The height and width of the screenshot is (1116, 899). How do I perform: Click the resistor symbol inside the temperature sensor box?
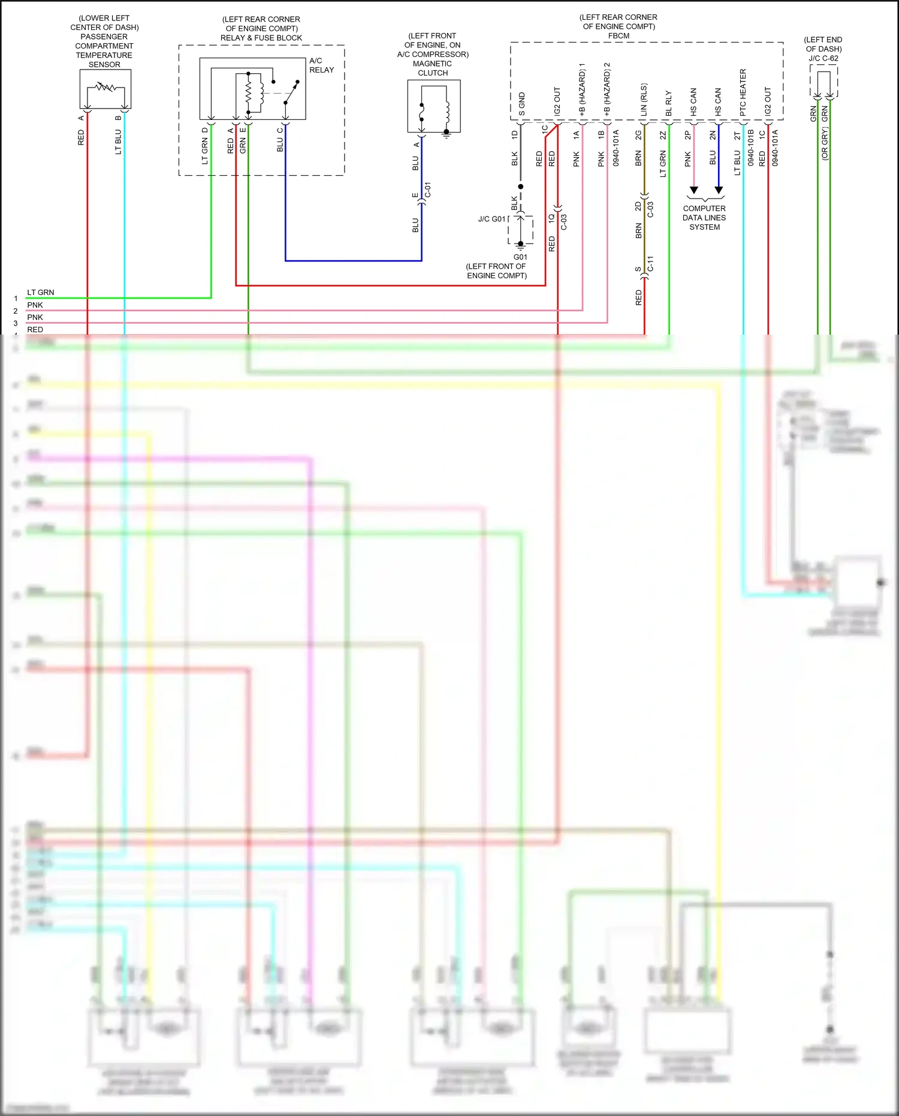pyautogui.click(x=105, y=88)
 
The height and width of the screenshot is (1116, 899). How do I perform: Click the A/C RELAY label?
pyautogui.click(x=321, y=65)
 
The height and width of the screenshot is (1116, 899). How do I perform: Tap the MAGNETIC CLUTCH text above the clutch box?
pyautogui.click(x=432, y=68)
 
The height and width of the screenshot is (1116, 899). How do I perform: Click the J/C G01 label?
pyautogui.click(x=491, y=219)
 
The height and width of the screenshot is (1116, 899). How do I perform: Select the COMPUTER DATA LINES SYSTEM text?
pyautogui.click(x=704, y=218)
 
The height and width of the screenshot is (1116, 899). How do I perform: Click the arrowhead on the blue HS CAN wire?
pyautogui.click(x=719, y=190)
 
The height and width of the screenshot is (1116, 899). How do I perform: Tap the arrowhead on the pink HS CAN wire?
pyautogui.click(x=694, y=190)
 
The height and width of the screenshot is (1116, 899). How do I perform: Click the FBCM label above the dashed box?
pyautogui.click(x=619, y=36)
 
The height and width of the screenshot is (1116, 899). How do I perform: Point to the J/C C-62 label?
pyautogui.click(x=823, y=58)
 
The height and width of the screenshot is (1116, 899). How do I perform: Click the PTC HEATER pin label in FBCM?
pyautogui.click(x=743, y=92)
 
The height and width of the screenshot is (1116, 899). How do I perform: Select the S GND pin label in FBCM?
pyautogui.click(x=521, y=104)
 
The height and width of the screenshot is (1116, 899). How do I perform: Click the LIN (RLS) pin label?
pyautogui.click(x=644, y=100)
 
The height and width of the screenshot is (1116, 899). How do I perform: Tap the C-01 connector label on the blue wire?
pyautogui.click(x=428, y=190)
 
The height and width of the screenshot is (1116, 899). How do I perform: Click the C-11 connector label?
pyautogui.click(x=650, y=264)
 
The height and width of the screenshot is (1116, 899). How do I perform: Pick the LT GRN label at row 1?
pyautogui.click(x=40, y=293)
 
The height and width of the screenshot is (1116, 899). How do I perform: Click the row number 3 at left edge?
pyautogui.click(x=16, y=323)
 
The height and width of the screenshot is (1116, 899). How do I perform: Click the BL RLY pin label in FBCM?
pyautogui.click(x=669, y=103)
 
